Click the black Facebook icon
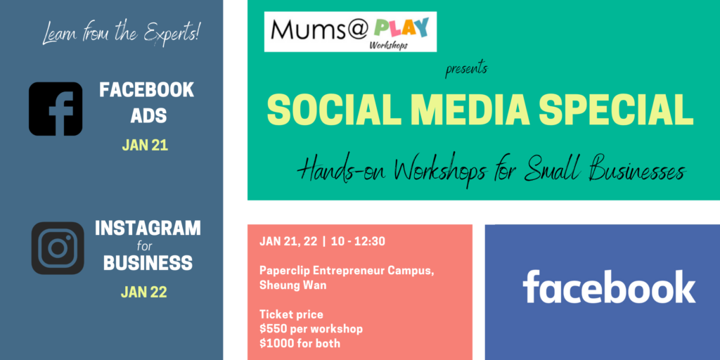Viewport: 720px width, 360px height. click(x=56, y=109)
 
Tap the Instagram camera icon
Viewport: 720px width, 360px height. click(x=58, y=248)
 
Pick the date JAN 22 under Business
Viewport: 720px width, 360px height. click(x=143, y=292)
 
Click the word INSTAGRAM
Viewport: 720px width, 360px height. click(x=148, y=229)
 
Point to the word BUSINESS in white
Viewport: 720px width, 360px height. click(x=148, y=263)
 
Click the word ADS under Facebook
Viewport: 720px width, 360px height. click(x=148, y=116)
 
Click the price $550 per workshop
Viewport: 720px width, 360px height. click(x=311, y=329)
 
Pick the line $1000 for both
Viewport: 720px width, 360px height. click(x=300, y=343)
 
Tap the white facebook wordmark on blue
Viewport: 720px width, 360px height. click(x=609, y=287)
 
